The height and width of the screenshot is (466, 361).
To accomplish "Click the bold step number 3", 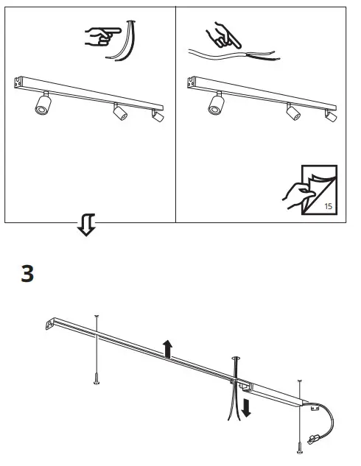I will tap(27, 274).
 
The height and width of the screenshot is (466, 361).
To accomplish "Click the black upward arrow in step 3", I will tap(168, 348).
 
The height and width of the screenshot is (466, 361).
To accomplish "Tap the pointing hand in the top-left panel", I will tap(101, 35).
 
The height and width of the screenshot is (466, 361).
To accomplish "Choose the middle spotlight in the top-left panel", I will tap(119, 112).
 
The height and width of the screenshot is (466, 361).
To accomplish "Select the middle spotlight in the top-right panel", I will tap(293, 112).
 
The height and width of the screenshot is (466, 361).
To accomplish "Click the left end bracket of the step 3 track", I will tap(51, 322).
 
